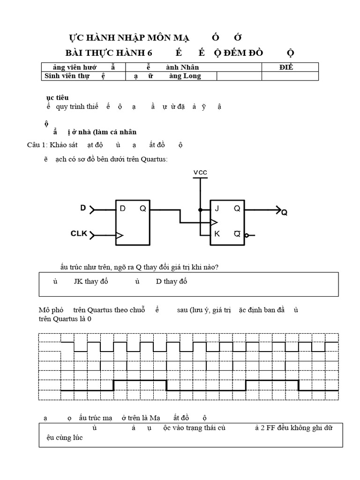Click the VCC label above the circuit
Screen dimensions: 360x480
pyautogui.click(x=200, y=172)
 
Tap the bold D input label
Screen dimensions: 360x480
pyautogui.click(x=83, y=208)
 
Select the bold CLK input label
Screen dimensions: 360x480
pyautogui.click(x=79, y=233)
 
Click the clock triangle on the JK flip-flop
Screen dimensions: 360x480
pyautogui.click(x=214, y=222)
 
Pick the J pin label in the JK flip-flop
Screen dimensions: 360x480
pyautogui.click(x=217, y=209)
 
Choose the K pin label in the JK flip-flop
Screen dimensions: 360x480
pyautogui.click(x=217, y=233)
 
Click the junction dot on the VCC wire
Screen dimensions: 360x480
pyautogui.click(x=200, y=210)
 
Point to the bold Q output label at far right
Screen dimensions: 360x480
pyautogui.click(x=284, y=212)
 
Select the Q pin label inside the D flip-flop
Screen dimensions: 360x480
pyautogui.click(x=142, y=209)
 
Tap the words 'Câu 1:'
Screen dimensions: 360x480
pyautogui.click(x=37, y=145)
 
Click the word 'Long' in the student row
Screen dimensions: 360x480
pyautogui.click(x=192, y=76)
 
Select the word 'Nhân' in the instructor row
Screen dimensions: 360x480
pyautogui.click(x=189, y=67)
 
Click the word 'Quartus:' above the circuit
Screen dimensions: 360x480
pyautogui.click(x=155, y=159)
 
